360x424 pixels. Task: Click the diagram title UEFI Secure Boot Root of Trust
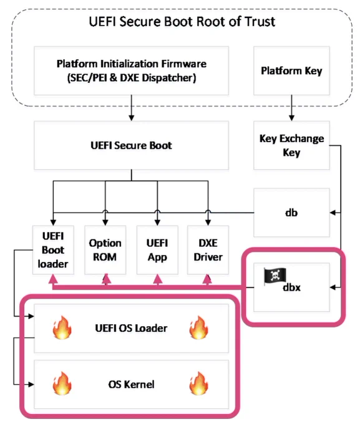tap(182, 22)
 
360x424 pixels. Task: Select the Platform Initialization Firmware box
tap(131, 70)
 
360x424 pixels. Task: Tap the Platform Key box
tap(291, 70)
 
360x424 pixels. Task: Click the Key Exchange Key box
tap(291, 145)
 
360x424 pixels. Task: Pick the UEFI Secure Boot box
tap(131, 145)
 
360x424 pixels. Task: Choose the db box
tap(291, 213)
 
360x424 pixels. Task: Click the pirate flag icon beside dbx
tap(275, 276)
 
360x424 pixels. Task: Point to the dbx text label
tap(291, 287)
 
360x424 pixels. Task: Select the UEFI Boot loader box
tap(53, 250)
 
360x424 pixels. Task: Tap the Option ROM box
tap(105, 250)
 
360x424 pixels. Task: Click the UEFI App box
tap(157, 250)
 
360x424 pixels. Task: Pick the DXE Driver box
tap(208, 250)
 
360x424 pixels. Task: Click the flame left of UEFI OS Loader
tap(62, 327)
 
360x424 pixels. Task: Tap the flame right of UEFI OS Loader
tap(199, 327)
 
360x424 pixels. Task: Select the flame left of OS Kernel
tap(62, 383)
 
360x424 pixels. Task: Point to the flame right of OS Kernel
tap(199, 383)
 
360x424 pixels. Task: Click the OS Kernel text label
tap(131, 384)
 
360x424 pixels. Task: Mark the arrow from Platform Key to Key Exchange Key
tap(291, 108)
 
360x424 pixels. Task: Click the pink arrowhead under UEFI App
tap(157, 279)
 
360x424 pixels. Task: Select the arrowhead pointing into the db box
tap(333, 213)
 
